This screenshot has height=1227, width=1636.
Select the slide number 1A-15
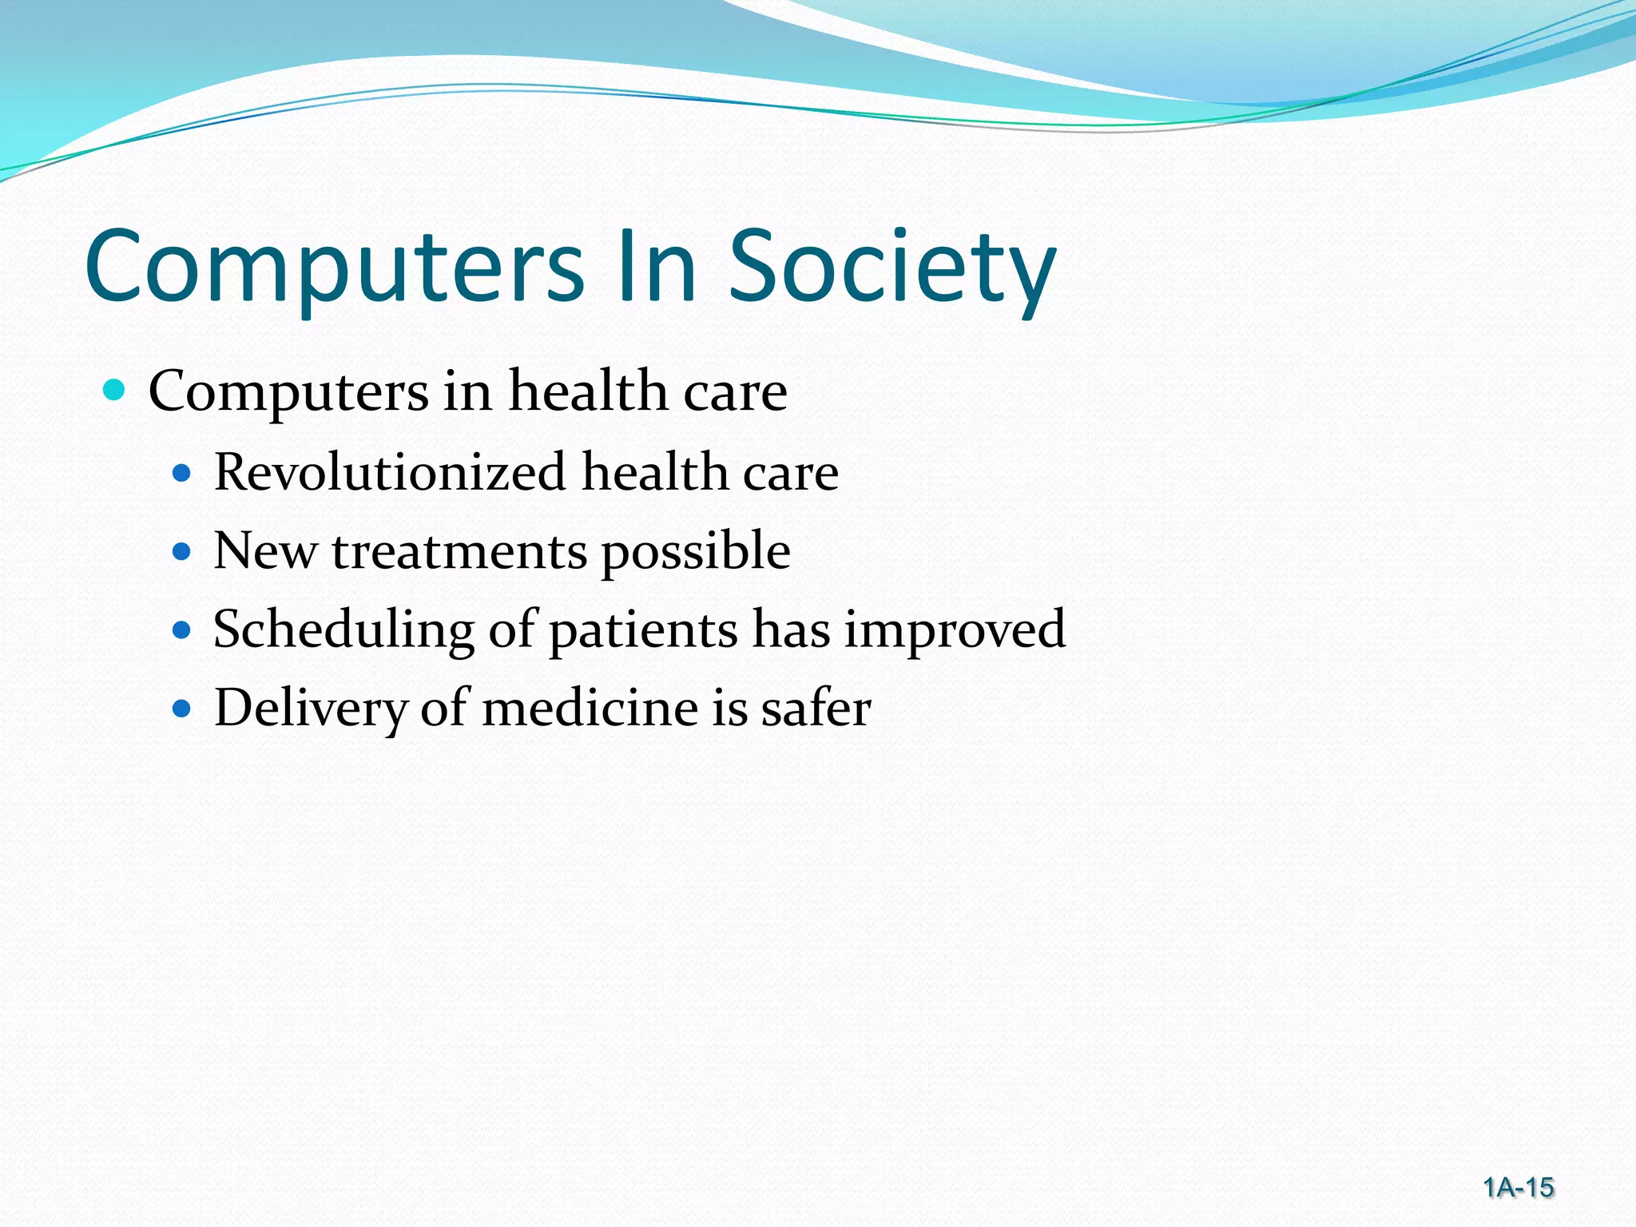pos(1518,1188)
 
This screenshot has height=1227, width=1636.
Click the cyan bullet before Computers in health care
pos(115,391)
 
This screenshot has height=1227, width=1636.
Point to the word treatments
pos(459,551)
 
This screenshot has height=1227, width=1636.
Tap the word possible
pos(695,551)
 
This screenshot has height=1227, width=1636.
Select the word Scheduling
pos(343,629)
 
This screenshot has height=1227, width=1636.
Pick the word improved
pos(955,629)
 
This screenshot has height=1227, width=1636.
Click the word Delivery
pos(310,708)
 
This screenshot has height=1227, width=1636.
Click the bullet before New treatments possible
pos(182,551)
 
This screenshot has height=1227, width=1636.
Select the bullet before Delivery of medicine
pos(182,708)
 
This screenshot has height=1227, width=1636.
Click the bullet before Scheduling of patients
pos(182,629)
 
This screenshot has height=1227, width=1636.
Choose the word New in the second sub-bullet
pos(264,551)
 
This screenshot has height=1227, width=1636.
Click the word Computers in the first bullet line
pos(288,392)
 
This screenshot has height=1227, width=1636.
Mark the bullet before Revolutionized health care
pos(182,473)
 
